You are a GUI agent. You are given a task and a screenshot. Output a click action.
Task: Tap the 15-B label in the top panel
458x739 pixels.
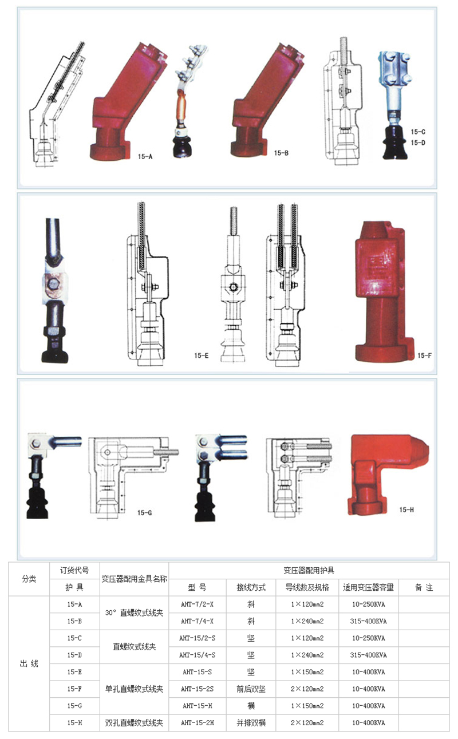click(281, 153)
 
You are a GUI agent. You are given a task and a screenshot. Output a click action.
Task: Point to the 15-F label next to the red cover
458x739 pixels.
click(424, 355)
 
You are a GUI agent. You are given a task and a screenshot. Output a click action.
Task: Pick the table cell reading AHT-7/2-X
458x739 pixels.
click(197, 604)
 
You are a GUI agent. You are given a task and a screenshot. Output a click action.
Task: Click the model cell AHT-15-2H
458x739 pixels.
click(197, 723)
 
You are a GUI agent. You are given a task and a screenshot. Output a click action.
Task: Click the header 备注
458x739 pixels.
click(424, 587)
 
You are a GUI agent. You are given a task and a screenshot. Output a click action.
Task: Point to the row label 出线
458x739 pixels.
click(29, 663)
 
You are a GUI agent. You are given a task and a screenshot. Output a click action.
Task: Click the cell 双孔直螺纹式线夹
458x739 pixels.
click(135, 723)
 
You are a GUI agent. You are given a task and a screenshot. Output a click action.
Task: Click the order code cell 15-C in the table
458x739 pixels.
click(74, 638)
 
